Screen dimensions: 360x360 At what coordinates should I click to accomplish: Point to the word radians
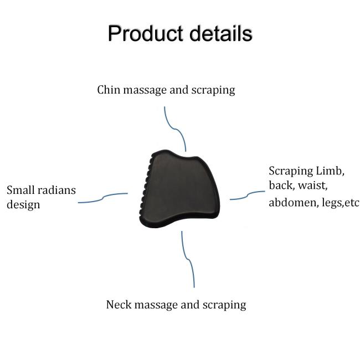(x=56, y=191)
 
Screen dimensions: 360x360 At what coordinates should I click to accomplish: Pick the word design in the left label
(x=23, y=205)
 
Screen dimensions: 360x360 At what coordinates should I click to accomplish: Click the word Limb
(x=331, y=171)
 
